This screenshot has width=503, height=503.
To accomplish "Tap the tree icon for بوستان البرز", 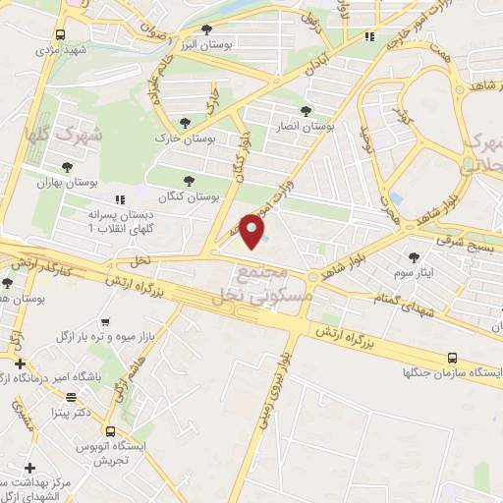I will point(206,29).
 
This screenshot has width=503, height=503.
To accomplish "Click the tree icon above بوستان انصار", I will point(307,110).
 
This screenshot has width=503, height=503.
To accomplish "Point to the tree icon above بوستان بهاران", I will point(67,167).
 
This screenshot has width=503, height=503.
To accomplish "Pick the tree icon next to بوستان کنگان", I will point(190,180).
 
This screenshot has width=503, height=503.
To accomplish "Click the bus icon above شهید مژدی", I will point(61,33).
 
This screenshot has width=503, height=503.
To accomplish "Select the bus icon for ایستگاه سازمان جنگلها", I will point(452,359).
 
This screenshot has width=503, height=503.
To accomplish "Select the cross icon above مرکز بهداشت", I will point(29,467).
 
